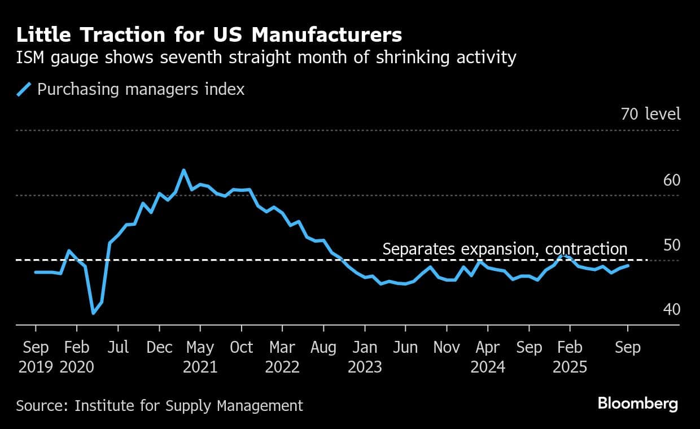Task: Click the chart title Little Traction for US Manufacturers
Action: point(209,35)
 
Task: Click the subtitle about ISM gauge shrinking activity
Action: point(266,58)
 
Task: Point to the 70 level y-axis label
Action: point(650,114)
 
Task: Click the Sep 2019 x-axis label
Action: point(36,357)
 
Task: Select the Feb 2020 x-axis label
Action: point(77,357)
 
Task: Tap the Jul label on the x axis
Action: point(118,347)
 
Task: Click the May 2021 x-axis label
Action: point(200,357)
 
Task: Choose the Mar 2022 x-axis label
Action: point(282,357)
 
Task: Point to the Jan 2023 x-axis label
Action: point(365,357)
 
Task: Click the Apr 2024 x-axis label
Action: point(488,357)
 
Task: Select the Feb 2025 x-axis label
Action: point(570,357)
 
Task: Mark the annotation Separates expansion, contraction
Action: point(505,249)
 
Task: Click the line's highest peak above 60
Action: point(183,170)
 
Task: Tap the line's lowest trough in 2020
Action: point(93,313)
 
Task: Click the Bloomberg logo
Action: point(637,404)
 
